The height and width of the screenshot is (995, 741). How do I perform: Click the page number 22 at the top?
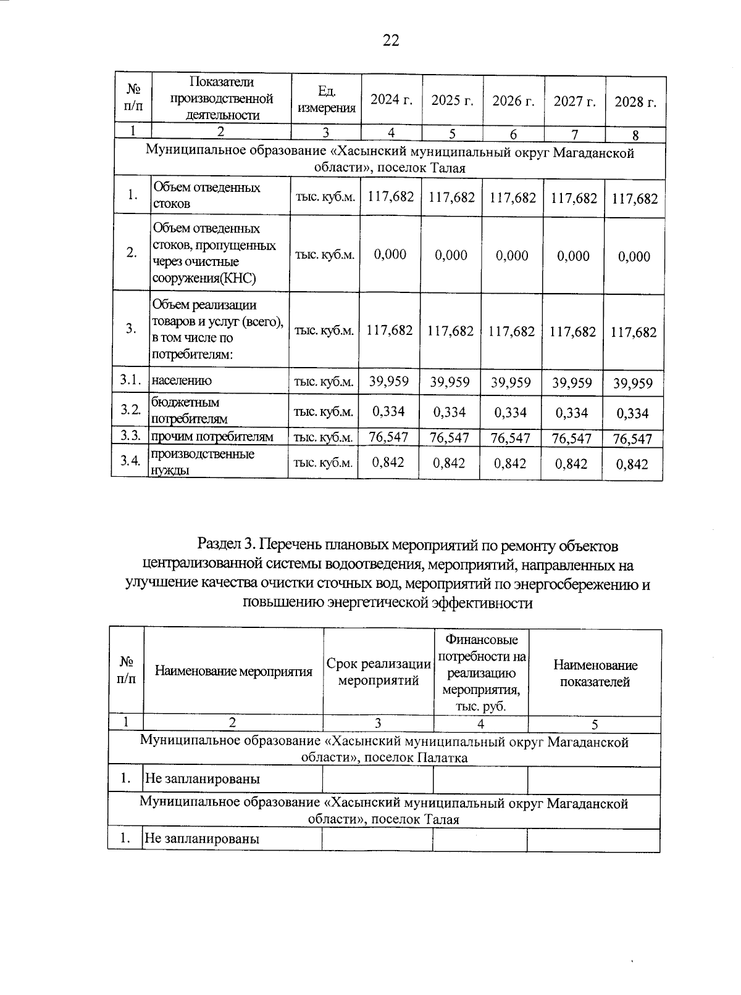coord(391,41)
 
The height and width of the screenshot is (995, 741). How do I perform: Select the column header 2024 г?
coord(391,101)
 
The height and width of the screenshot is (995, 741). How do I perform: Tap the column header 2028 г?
coord(635,102)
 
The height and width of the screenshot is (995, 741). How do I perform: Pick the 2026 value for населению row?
coord(511,382)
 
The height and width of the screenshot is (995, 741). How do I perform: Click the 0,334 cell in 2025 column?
coord(450,411)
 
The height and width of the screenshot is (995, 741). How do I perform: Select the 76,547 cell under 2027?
coord(572,439)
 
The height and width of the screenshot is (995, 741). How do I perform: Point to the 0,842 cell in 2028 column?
coord(632,464)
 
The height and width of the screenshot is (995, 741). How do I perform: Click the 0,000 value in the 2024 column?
coord(390,254)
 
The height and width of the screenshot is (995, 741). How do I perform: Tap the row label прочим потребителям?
coord(212,437)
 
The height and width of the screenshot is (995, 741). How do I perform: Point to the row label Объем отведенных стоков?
coord(206,196)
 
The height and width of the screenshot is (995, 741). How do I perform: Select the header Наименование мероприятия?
coord(233,672)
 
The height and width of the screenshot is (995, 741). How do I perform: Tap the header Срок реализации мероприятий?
coord(379,672)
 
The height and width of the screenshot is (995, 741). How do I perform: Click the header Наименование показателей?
coord(595,673)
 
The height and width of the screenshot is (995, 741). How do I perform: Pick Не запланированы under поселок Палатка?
coord(202,778)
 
